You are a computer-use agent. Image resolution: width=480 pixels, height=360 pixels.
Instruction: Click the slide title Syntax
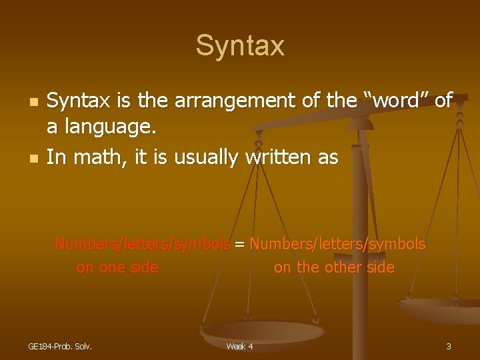pyautogui.click(x=240, y=46)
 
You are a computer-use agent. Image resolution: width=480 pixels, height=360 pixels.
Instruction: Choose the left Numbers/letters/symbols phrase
pyautogui.click(x=143, y=244)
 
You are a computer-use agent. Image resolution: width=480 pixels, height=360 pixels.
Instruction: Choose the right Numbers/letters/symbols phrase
pyautogui.click(x=337, y=244)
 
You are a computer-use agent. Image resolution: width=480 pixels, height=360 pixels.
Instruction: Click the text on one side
pyautogui.click(x=117, y=268)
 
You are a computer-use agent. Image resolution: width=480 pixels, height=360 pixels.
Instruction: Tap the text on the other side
pyautogui.click(x=334, y=268)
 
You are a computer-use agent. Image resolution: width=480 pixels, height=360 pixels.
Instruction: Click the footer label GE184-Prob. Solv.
pyautogui.click(x=60, y=346)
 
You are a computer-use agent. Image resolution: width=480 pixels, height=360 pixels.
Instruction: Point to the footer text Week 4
pyautogui.click(x=239, y=346)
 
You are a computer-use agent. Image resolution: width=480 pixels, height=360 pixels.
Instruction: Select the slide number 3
pyautogui.click(x=449, y=346)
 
